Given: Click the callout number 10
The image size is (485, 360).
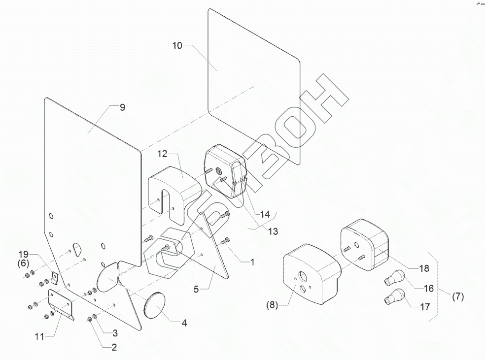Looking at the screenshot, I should (177, 45).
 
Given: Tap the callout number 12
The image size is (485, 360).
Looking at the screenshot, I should (163, 154).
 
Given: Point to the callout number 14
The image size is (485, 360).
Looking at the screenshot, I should (265, 215).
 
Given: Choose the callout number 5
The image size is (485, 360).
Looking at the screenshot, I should (196, 290).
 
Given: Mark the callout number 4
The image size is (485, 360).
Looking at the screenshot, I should (184, 324).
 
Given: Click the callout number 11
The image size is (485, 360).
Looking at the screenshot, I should (40, 337).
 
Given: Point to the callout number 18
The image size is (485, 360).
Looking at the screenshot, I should (424, 268).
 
